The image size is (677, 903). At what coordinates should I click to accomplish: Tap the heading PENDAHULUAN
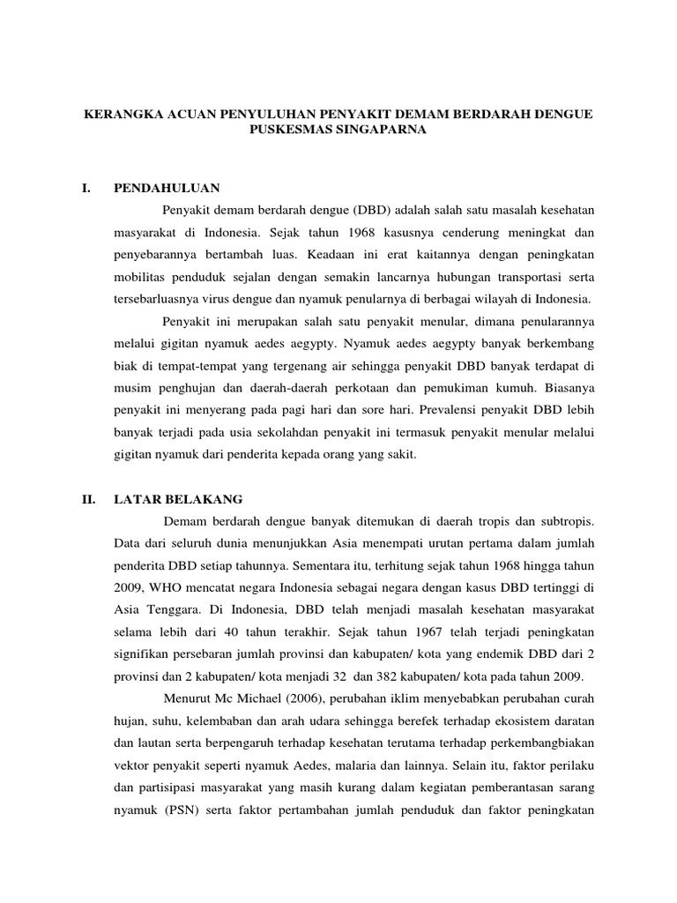click(x=167, y=188)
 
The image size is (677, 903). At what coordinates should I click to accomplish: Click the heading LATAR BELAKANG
click(x=179, y=498)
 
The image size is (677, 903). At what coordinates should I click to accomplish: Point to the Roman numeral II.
click(x=88, y=498)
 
